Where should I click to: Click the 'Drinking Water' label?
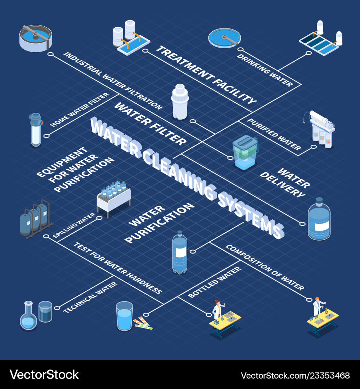(x=264, y=71)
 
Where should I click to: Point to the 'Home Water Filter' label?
(x=80, y=109)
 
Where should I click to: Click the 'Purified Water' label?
(x=274, y=134)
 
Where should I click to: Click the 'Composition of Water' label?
(x=265, y=267)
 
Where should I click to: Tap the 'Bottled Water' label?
(x=215, y=282)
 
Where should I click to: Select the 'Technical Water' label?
(x=90, y=297)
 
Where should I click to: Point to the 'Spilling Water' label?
(x=74, y=225)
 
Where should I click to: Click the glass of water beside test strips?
(x=124, y=316)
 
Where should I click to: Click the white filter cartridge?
(x=180, y=102)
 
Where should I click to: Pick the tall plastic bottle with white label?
(x=179, y=253)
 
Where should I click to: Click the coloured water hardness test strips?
(x=143, y=323)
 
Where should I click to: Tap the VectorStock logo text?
(x=44, y=375)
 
